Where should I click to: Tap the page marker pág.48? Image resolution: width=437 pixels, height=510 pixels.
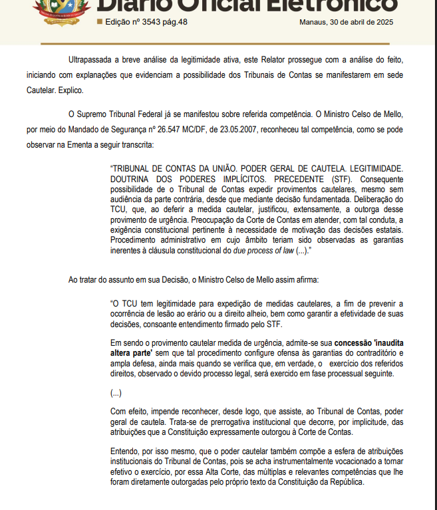(174, 21)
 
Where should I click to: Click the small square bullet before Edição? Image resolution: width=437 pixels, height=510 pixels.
(100, 21)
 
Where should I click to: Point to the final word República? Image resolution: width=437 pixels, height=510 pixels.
(341, 482)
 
